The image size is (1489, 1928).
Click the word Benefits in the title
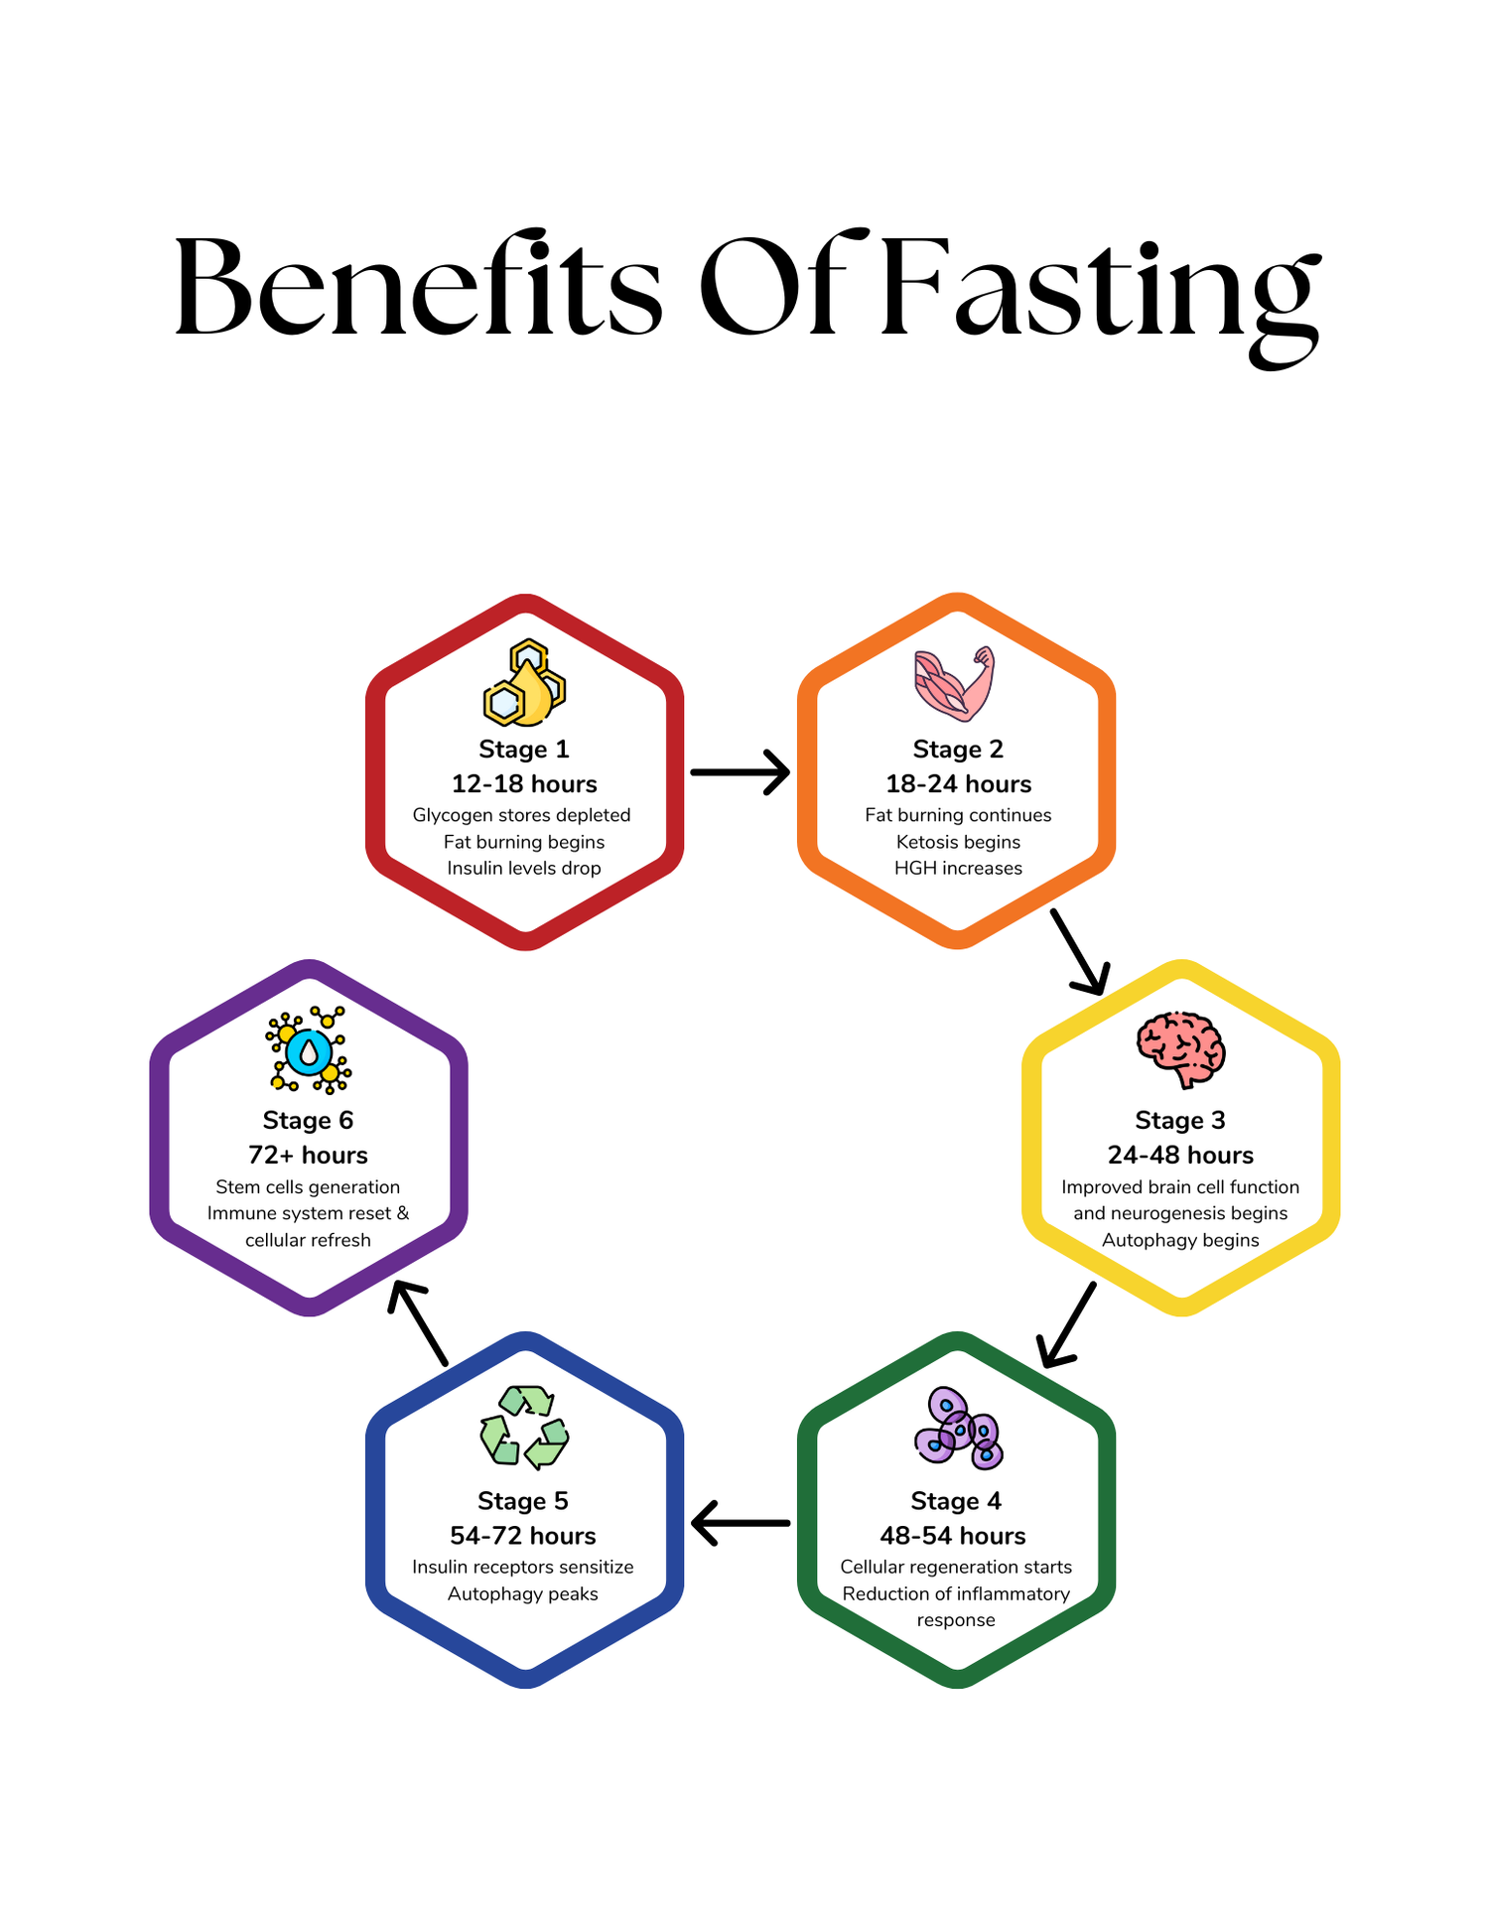click(x=418, y=288)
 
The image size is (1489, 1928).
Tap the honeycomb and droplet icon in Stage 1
click(x=524, y=683)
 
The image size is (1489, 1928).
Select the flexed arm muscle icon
click(x=954, y=683)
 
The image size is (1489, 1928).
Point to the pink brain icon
click(x=1180, y=1049)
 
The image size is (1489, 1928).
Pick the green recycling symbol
click(x=524, y=1428)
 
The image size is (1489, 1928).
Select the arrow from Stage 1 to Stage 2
click(x=740, y=772)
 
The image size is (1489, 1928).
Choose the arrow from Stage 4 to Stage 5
click(x=741, y=1523)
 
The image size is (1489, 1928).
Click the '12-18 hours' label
click(x=524, y=784)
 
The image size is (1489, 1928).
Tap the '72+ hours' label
click(x=308, y=1156)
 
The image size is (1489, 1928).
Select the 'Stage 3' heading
click(x=1180, y=1121)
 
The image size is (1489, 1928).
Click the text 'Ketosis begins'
click(x=958, y=842)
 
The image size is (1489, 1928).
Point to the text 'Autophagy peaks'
click(x=523, y=1593)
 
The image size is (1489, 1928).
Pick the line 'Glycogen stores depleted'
click(x=522, y=815)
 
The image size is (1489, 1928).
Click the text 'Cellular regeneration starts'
click(x=956, y=1567)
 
